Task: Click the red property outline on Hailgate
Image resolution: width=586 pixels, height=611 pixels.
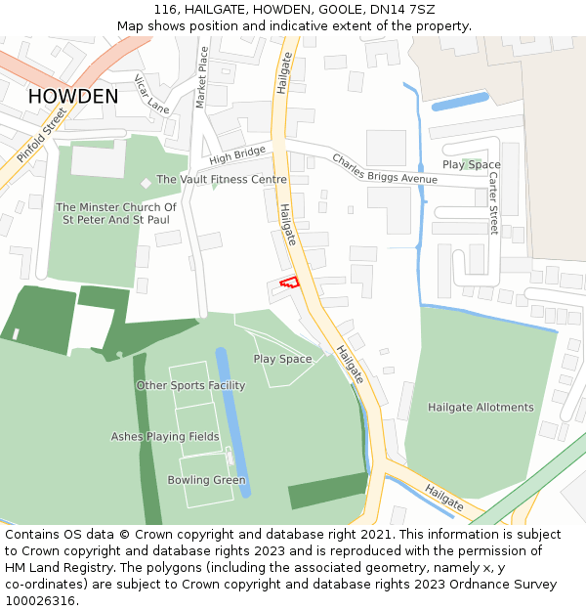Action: [x=289, y=282]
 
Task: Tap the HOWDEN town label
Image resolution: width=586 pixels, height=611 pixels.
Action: [x=73, y=97]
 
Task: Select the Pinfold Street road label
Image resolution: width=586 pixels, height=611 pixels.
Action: [x=41, y=135]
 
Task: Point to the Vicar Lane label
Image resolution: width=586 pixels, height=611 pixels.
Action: [x=151, y=93]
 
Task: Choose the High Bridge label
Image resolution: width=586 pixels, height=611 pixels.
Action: [x=236, y=155]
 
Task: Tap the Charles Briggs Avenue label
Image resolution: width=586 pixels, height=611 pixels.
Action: [x=385, y=168]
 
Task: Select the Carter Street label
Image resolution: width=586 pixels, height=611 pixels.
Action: [x=493, y=203]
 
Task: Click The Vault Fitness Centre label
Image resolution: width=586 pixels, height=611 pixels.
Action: [x=222, y=180]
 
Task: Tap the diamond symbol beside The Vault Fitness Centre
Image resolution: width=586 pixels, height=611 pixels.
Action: [x=146, y=182]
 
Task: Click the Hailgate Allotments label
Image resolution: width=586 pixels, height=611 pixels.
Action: [x=481, y=407]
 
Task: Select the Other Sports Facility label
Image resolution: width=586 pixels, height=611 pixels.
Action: [x=190, y=385]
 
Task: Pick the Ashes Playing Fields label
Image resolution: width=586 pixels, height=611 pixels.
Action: [x=165, y=437]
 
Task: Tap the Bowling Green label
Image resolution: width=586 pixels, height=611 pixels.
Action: [x=206, y=480]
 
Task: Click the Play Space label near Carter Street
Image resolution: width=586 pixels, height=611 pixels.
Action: [x=471, y=165]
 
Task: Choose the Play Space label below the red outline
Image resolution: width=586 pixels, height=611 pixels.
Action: [x=282, y=359]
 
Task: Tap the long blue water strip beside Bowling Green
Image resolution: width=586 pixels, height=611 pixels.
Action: [x=234, y=420]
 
